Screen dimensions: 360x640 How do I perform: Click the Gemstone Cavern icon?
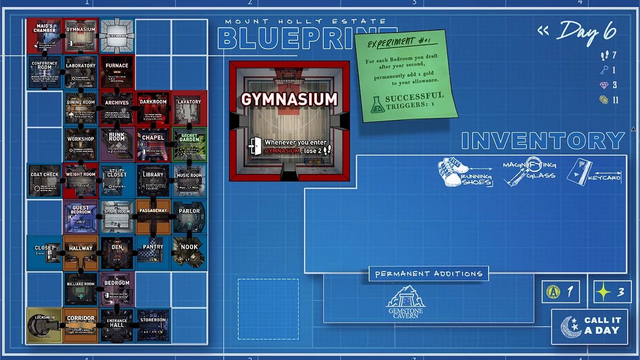(406, 302)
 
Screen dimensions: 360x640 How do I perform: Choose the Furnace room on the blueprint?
(117, 72)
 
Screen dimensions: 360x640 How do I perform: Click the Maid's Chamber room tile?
(44, 36)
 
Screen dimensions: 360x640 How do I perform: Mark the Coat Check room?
(44, 181)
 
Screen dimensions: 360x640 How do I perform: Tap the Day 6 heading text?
(587, 33)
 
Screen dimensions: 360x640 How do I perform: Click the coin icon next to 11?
(604, 100)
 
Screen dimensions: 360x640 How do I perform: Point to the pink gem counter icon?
(604, 85)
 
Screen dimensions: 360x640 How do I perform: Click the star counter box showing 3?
(612, 292)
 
